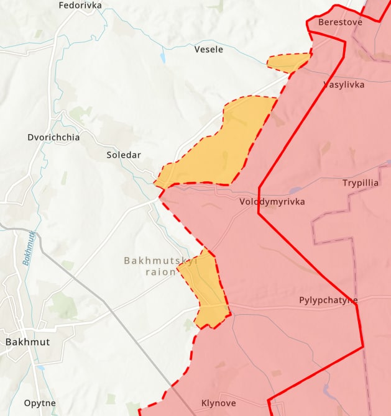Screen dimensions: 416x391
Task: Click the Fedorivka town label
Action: tap(80, 6)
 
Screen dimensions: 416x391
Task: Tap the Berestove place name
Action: tap(340, 22)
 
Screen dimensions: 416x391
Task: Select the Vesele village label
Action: tap(209, 49)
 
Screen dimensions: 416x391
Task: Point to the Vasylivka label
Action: tap(344, 84)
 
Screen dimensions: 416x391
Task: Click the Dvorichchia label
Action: tap(53, 137)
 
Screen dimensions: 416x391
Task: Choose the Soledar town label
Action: tap(124, 155)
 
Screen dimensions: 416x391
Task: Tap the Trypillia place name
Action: tap(360, 183)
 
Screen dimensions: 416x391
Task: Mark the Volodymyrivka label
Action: tap(272, 202)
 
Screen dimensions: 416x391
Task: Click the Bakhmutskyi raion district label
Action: tap(160, 266)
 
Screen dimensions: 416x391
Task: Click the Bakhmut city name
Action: tap(27, 341)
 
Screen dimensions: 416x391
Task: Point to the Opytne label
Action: tap(40, 403)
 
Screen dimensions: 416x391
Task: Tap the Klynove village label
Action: tap(218, 403)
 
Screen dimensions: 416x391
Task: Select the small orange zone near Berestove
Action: tap(288, 62)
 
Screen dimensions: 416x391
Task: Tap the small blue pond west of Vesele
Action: tap(163, 58)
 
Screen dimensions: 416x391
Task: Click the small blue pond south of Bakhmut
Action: tap(41, 368)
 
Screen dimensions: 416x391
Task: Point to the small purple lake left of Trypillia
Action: tap(296, 190)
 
